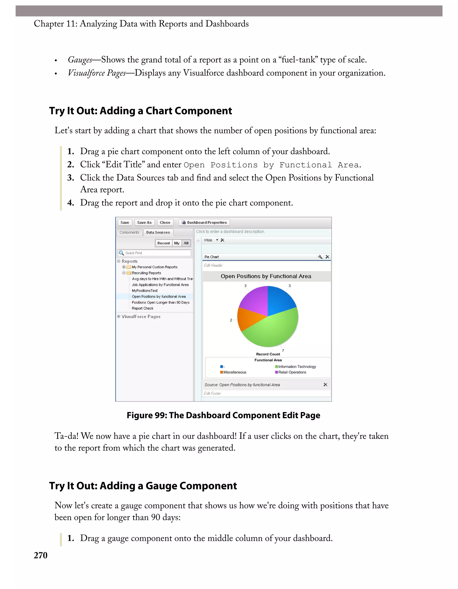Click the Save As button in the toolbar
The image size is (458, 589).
(x=144, y=223)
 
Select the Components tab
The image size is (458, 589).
(x=129, y=232)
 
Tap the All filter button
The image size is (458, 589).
(x=186, y=243)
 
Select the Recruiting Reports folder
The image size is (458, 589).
(x=146, y=273)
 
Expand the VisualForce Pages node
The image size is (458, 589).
(x=119, y=317)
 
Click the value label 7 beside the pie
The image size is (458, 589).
(x=283, y=351)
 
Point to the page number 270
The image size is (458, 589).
(x=40, y=556)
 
